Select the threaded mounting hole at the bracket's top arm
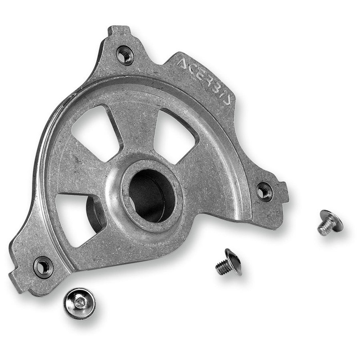click(x=125, y=55)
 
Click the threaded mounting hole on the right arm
click(x=264, y=192)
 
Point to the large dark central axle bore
click(x=152, y=196)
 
